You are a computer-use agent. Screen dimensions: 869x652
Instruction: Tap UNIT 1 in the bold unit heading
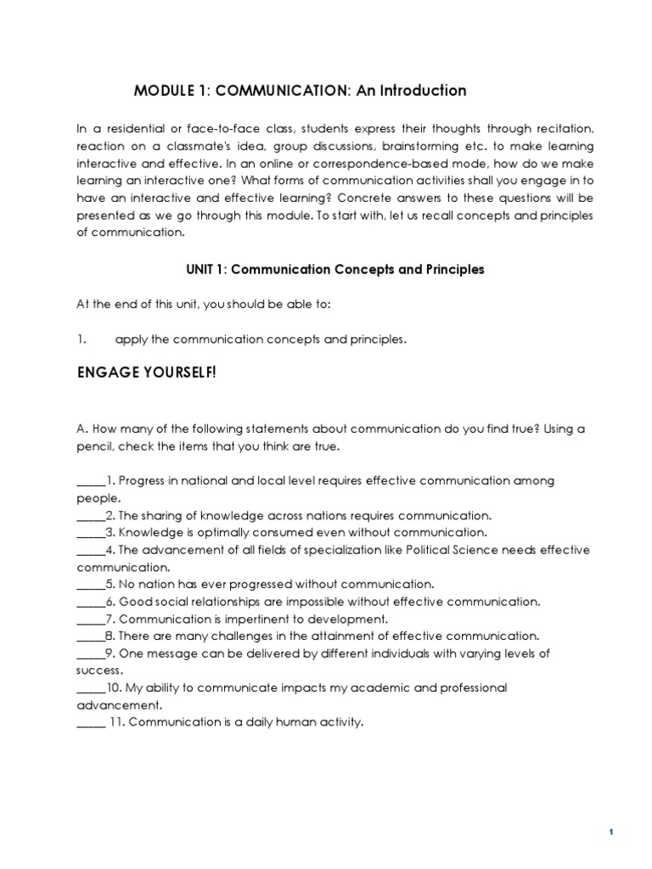(x=205, y=270)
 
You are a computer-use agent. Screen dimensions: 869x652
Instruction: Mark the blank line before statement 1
(x=89, y=481)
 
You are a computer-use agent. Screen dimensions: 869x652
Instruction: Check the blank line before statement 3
(x=89, y=533)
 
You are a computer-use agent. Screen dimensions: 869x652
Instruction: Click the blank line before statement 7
(x=89, y=620)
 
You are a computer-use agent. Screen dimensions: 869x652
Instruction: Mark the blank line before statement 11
(x=89, y=723)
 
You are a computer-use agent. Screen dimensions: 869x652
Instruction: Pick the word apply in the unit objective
(x=132, y=339)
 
